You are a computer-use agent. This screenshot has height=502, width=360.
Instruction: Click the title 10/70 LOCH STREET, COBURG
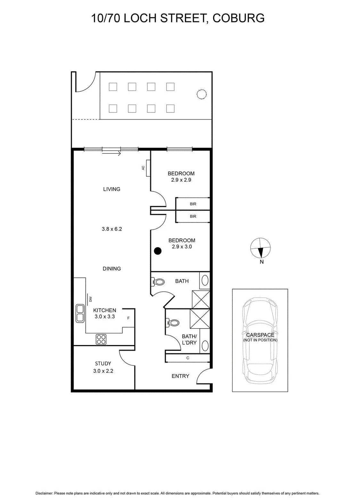click(178, 18)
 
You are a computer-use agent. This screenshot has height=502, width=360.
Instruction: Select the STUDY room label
click(103, 364)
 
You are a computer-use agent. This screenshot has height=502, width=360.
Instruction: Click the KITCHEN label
click(105, 310)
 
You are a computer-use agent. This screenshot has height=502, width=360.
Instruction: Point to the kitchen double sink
click(80, 313)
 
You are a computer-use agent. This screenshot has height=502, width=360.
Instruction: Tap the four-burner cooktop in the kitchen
click(101, 339)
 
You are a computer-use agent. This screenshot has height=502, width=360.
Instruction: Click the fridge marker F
click(128, 318)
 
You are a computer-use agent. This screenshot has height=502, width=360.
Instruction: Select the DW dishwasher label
click(91, 299)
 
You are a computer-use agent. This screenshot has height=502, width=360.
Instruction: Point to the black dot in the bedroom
click(157, 251)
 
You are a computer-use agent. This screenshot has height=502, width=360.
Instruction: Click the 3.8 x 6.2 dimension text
click(112, 229)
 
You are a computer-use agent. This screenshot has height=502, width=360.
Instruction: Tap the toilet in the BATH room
click(159, 282)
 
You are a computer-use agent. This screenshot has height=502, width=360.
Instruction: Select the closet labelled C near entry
click(188, 358)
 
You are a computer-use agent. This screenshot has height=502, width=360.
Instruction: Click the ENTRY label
click(180, 376)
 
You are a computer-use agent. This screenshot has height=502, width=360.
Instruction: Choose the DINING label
click(112, 269)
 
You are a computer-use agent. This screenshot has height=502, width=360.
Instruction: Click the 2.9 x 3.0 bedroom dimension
click(182, 247)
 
